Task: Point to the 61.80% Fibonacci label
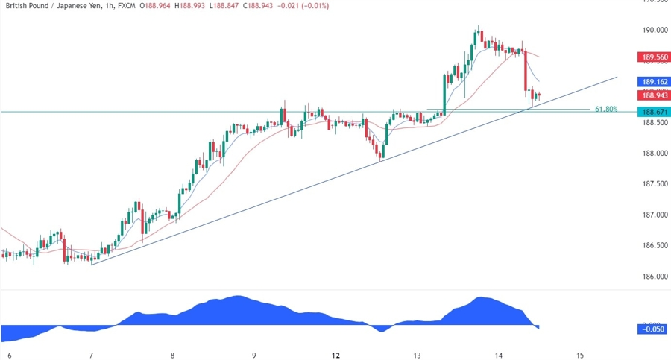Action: click(x=606, y=109)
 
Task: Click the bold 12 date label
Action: click(x=335, y=355)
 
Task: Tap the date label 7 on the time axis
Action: click(x=91, y=355)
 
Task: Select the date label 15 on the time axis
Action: click(x=580, y=355)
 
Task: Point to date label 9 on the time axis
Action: click(x=254, y=355)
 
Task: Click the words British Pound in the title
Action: click(x=27, y=6)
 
